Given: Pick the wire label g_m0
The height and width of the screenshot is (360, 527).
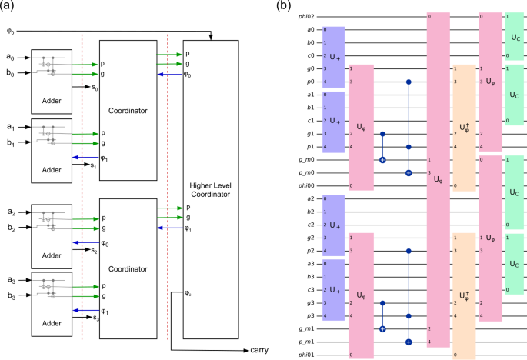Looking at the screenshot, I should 307,160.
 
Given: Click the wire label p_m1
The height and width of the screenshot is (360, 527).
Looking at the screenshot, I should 307,342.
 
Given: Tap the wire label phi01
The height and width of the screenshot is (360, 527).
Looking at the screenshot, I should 306,355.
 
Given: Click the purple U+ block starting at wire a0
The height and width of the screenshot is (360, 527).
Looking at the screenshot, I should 332,56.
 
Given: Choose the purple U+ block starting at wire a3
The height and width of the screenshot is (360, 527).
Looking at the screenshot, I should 332,290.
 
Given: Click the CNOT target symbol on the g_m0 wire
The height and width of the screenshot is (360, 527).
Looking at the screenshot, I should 382,160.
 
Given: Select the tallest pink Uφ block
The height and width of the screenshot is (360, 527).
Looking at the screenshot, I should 438,179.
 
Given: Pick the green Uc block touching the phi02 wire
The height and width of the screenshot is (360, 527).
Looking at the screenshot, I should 515,35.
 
